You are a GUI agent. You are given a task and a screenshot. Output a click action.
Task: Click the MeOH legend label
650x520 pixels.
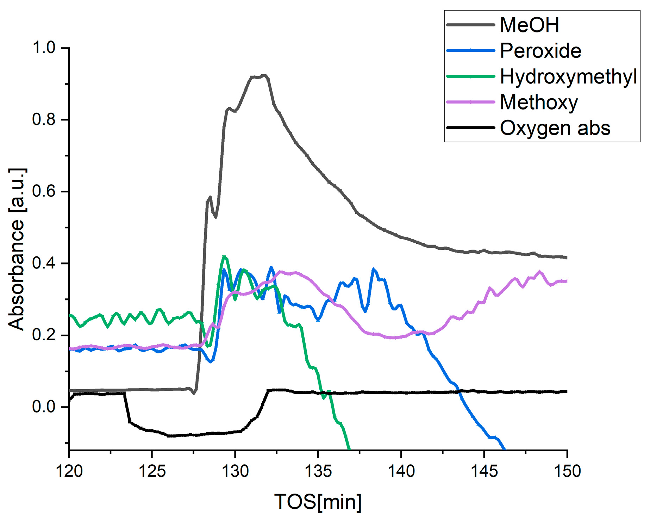click(529, 25)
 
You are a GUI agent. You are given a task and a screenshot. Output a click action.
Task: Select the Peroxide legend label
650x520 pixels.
click(540, 51)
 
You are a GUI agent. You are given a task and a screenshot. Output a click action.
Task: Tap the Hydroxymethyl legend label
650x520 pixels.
click(568, 76)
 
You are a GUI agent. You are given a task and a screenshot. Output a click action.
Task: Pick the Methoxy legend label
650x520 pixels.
click(539, 102)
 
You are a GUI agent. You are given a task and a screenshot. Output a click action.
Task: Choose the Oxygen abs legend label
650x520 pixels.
click(555, 128)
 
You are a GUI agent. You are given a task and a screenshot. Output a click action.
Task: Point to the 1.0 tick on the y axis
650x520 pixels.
click(44, 48)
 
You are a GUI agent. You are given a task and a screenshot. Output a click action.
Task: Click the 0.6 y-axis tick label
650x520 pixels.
click(44, 191)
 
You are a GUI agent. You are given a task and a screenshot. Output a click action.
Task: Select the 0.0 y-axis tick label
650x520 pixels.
click(44, 407)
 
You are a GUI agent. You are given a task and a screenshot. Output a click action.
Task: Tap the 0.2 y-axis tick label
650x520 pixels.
click(44, 335)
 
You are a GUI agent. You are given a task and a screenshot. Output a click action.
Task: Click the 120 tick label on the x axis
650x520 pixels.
click(69, 471)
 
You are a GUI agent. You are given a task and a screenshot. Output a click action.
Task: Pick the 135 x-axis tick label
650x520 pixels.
click(318, 471)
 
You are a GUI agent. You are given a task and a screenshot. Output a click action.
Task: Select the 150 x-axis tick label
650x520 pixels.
click(567, 471)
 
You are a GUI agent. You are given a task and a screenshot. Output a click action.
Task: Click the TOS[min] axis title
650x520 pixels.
click(318, 502)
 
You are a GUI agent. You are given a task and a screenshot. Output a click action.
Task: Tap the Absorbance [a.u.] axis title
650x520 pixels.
click(17, 249)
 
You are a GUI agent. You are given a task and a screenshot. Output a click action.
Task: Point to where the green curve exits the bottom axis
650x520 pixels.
click(349, 449)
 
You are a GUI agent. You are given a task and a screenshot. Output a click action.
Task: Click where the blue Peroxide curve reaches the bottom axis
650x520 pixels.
click(505, 449)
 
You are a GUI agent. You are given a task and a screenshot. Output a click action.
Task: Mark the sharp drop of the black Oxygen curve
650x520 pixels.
click(127, 409)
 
